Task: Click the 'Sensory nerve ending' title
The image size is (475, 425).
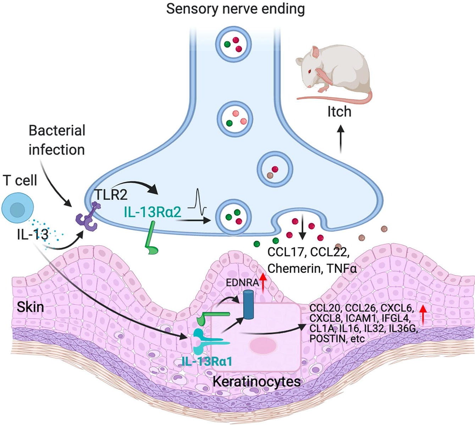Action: coord(235,9)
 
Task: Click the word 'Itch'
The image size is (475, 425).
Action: coord(339,112)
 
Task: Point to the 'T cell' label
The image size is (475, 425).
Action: coord(20,180)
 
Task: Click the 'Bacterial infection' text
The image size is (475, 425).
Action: coord(57,140)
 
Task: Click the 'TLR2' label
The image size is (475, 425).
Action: coord(111,195)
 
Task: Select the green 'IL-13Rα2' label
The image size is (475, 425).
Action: coord(153,212)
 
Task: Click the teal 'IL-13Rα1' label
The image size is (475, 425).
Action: coord(207,361)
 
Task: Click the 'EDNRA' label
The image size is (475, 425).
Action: coord(242,283)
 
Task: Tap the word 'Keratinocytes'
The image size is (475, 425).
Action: coord(256,382)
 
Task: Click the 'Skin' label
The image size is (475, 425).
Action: coord(30,307)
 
